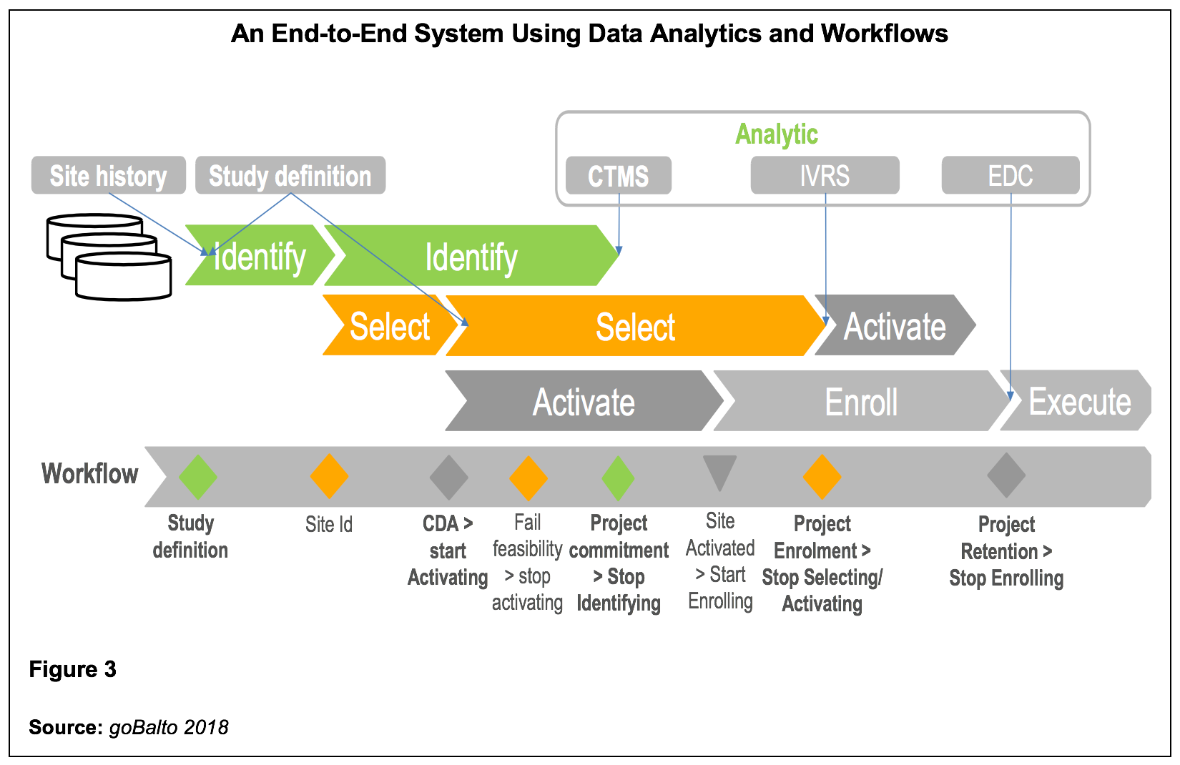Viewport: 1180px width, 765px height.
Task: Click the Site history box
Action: click(x=108, y=176)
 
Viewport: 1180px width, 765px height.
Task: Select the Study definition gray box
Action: click(x=290, y=176)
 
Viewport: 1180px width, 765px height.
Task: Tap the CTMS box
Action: click(x=618, y=176)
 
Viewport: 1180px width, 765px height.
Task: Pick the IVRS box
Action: click(x=825, y=176)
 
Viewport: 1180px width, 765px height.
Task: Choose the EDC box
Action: click(x=1010, y=176)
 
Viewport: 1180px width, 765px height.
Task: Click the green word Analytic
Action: click(x=776, y=134)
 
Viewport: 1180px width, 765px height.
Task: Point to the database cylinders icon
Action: click(x=109, y=257)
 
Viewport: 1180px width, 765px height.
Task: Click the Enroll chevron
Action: click(x=860, y=402)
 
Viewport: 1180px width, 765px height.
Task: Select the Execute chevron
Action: click(x=1079, y=402)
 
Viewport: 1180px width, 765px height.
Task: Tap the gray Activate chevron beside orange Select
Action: click(x=895, y=327)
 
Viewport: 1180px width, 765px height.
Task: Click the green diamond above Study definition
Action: click(x=197, y=477)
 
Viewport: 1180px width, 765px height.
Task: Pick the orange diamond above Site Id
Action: click(x=329, y=476)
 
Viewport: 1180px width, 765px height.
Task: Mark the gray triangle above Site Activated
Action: click(x=719, y=471)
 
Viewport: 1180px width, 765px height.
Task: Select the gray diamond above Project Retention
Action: click(x=1006, y=475)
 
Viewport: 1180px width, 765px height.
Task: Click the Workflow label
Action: click(x=89, y=474)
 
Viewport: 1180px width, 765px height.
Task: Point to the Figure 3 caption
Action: click(x=72, y=670)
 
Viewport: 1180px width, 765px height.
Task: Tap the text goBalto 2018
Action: click(x=169, y=728)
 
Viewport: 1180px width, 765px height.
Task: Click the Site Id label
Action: click(x=329, y=525)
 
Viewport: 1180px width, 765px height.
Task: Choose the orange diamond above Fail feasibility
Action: click(x=528, y=478)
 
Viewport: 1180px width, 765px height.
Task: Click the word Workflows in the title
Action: click(x=884, y=34)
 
